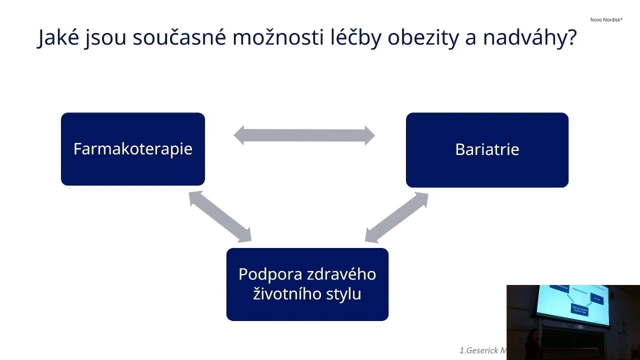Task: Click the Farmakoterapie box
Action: coord(132,149)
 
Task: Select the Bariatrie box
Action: coord(487,149)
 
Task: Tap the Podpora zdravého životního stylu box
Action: coord(307,284)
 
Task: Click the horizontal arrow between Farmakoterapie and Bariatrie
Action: coord(304,135)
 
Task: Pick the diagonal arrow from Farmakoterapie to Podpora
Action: coord(220,217)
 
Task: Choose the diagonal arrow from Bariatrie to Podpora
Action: coord(396,217)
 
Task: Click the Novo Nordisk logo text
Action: coord(606,20)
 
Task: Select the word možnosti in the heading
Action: coord(278,37)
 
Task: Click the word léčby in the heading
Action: coord(355,37)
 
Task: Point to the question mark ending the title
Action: coord(572,37)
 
